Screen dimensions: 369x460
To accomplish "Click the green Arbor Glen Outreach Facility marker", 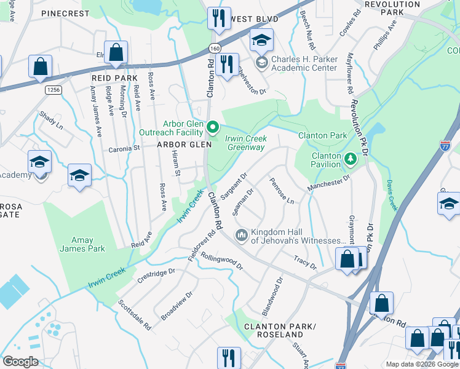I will [213, 127].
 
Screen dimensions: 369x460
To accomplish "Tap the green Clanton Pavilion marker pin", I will [351, 159].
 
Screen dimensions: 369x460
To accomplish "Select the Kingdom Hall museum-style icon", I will [241, 235].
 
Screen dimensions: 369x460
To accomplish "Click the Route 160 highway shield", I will [214, 47].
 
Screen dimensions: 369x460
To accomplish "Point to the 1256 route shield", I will [54, 90].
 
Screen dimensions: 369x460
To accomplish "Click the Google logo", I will [20, 361].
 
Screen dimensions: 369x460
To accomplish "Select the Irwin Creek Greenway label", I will [246, 143].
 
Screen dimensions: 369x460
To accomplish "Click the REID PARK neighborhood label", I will [114, 78].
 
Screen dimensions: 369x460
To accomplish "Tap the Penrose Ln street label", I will [282, 191].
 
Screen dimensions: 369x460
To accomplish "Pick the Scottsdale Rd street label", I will [135, 315].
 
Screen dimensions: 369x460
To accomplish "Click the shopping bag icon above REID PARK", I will [115, 53].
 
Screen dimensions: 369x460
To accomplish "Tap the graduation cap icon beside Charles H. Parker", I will [261, 41].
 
